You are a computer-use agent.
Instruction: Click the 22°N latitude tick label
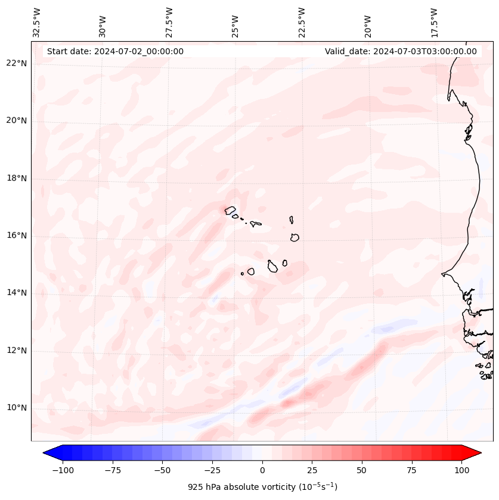[x=16, y=64]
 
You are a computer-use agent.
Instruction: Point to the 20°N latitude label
[x=16, y=121]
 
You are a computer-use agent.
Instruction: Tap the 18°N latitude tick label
[x=16, y=179]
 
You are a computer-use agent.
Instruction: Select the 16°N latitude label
[x=16, y=236]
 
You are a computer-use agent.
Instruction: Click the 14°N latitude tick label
[x=16, y=293]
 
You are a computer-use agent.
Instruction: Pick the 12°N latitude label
[x=16, y=350]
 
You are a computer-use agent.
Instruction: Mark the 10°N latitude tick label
[x=16, y=408]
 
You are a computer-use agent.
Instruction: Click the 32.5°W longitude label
[x=37, y=23]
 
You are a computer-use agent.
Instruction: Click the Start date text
[x=115, y=51]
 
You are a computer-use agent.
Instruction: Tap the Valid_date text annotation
[x=401, y=51]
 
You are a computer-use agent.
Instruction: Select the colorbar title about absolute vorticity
[x=262, y=487]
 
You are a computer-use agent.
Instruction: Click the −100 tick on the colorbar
[x=63, y=470]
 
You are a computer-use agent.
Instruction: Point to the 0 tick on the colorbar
[x=262, y=470]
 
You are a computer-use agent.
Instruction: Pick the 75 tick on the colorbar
[x=412, y=470]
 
